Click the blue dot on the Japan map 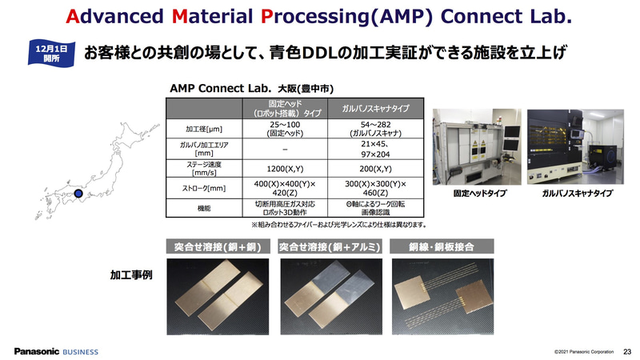(78, 194)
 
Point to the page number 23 (627, 351)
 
